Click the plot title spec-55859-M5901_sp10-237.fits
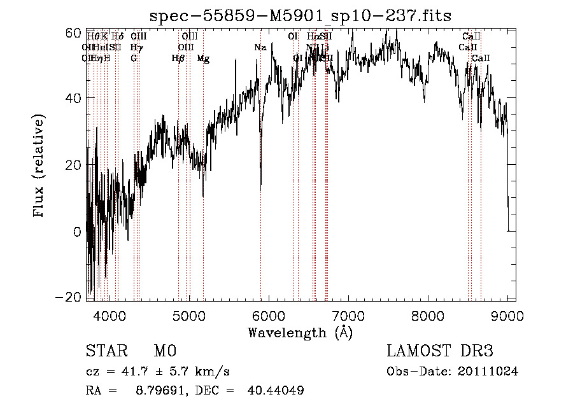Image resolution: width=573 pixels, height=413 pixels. (300, 16)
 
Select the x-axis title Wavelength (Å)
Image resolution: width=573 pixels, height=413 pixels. (300, 332)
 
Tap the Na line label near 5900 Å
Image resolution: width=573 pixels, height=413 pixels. (260, 48)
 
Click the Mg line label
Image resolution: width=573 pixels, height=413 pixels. (203, 59)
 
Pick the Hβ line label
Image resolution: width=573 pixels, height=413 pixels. (178, 59)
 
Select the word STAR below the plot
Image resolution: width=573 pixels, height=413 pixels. (105, 351)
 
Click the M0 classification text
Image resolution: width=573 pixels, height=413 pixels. (164, 351)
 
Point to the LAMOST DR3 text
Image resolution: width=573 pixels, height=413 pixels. (440, 351)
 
